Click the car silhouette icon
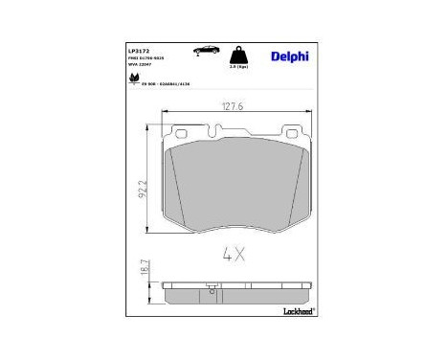pos(204,48)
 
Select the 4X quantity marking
pos(234,254)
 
